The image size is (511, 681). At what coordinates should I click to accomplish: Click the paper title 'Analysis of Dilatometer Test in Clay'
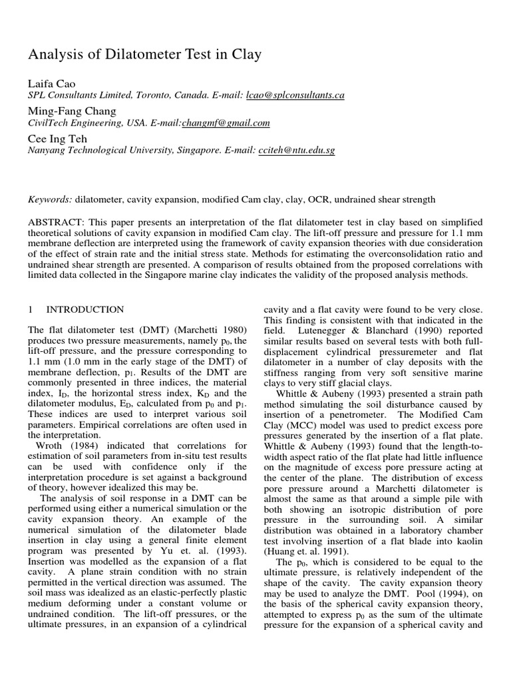(x=144, y=55)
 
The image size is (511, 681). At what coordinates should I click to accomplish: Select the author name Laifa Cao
(x=51, y=83)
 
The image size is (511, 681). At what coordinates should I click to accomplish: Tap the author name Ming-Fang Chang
(x=72, y=110)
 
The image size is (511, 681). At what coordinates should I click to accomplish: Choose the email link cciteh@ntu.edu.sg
(x=295, y=151)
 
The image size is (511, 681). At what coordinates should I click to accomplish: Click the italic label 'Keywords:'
(x=50, y=199)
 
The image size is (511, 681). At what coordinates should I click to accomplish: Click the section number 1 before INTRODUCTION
(x=31, y=309)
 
